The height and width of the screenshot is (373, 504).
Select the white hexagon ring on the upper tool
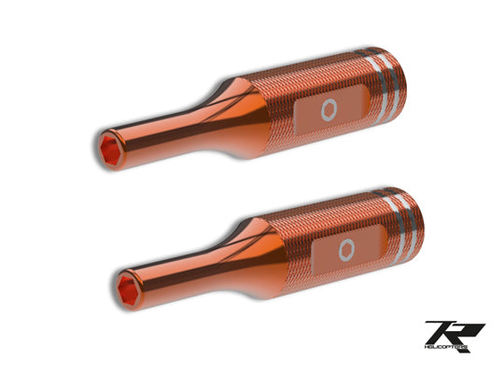pos(326,110)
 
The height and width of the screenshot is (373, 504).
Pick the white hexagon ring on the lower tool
pos(346,248)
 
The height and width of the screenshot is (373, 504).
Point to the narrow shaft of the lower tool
pos(177,262)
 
